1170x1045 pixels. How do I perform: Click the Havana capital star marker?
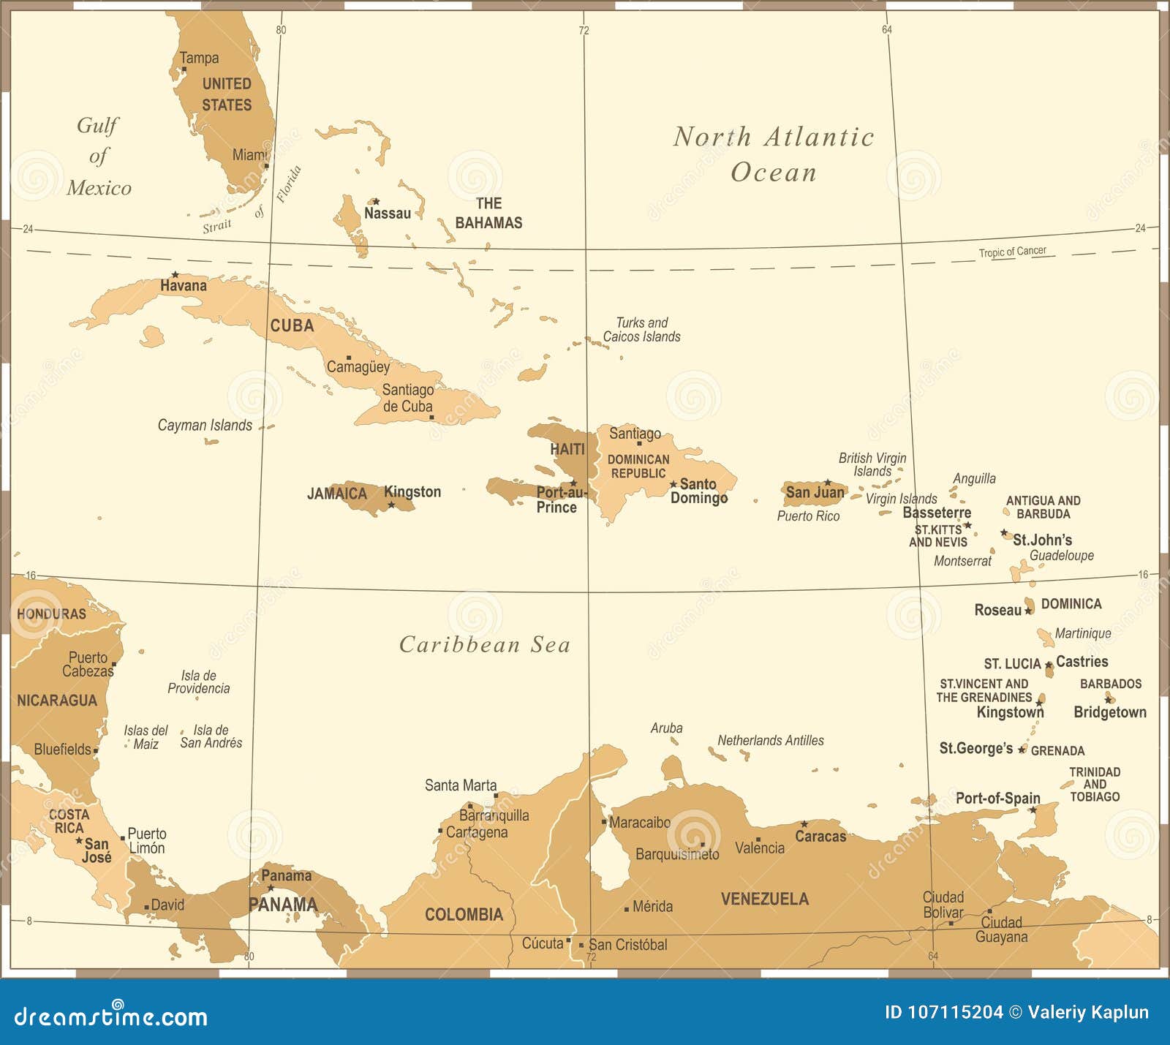coord(175,274)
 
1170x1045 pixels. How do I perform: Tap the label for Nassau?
coord(388,214)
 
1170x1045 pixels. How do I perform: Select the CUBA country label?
coord(292,326)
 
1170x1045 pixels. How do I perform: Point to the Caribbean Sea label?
coord(484,644)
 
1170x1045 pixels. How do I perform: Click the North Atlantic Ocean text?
coord(774,154)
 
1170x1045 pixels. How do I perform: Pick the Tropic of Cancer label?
coord(1012,252)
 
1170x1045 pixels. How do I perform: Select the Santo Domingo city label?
coord(698,491)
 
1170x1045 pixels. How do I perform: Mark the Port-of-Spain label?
coord(997,798)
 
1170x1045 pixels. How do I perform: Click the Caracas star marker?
coord(804,824)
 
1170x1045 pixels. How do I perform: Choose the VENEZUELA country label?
coord(764,899)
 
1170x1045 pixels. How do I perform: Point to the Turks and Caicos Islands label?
coord(641,330)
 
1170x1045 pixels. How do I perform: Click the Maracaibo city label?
coord(640,823)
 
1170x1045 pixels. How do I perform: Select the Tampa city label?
coord(199,58)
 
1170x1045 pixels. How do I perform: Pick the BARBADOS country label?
coord(1110,684)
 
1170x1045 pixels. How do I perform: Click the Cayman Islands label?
coord(205,426)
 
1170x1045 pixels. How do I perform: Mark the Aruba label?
coord(666,728)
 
